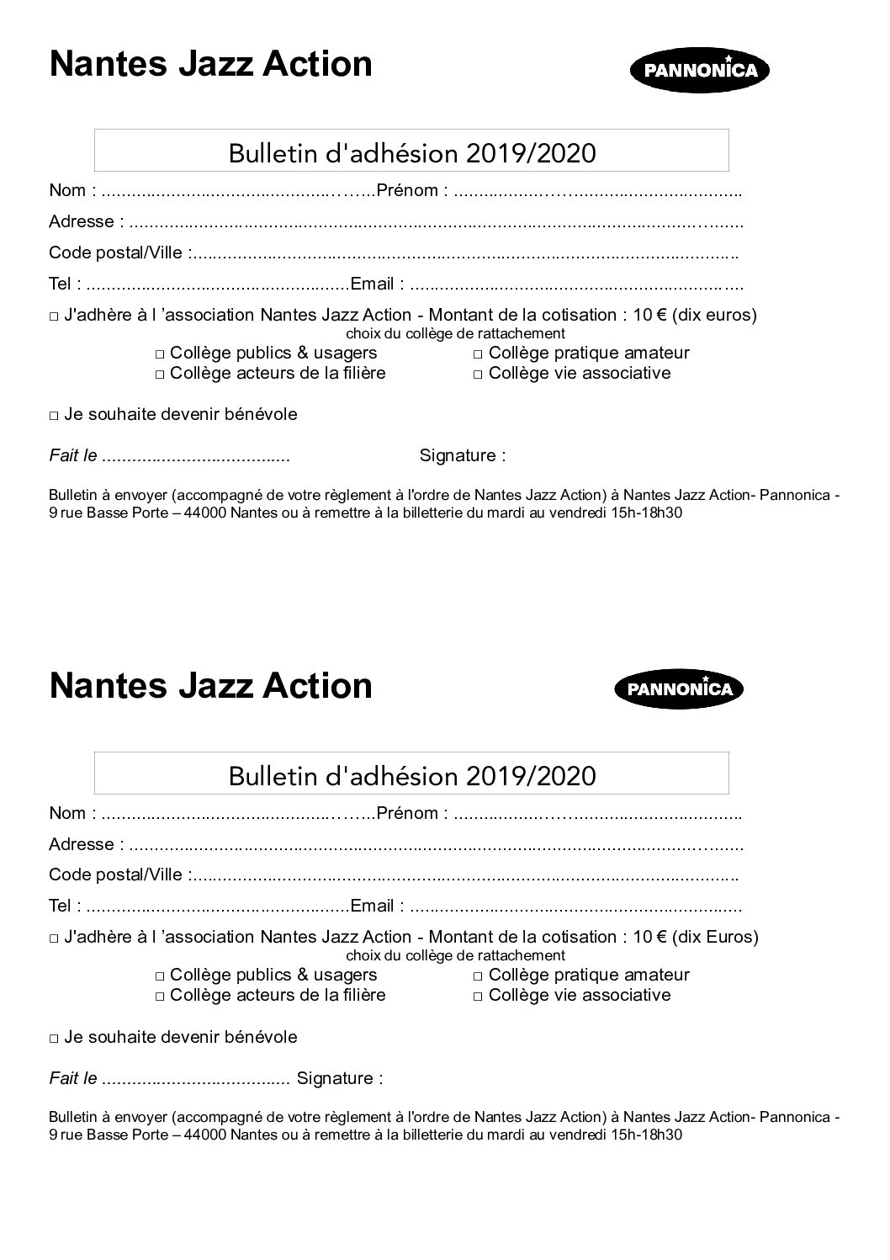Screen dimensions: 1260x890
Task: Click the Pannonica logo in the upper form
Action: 700,70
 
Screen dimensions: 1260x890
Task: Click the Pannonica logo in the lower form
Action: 680,689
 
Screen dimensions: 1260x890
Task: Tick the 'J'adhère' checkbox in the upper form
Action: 54,317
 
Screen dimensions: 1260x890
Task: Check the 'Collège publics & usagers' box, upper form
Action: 160,355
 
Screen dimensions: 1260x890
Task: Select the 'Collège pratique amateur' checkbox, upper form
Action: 478,355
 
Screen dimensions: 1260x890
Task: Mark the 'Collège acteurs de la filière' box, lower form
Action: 160,997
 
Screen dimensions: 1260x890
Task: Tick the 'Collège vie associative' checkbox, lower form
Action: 478,997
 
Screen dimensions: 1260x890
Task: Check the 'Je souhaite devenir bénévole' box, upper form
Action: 54,416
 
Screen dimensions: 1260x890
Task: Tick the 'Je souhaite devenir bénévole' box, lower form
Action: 54,1039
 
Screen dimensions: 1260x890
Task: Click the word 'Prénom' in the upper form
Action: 407,190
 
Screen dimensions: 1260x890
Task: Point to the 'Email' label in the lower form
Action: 372,906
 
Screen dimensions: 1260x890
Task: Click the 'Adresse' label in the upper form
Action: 81,221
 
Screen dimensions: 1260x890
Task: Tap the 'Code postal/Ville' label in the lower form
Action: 115,875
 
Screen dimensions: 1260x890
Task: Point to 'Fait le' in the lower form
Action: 73,1078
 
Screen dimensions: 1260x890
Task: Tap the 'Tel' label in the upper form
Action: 60,284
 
